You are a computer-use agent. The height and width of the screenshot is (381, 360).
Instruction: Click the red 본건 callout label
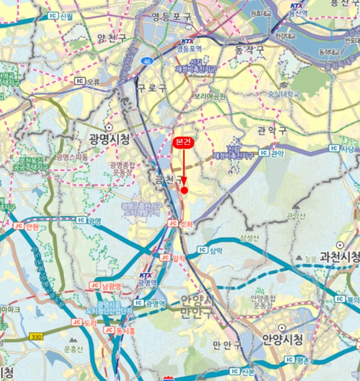(x=184, y=143)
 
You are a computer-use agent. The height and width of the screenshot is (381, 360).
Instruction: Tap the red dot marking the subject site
(x=184, y=190)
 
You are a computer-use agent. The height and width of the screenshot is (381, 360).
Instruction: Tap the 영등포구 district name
(x=172, y=17)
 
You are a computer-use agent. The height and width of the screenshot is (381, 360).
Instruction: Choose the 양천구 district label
(x=111, y=38)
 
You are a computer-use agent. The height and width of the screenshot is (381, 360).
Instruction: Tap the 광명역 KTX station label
(x=147, y=283)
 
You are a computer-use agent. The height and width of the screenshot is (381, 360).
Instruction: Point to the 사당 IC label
(x=346, y=149)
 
